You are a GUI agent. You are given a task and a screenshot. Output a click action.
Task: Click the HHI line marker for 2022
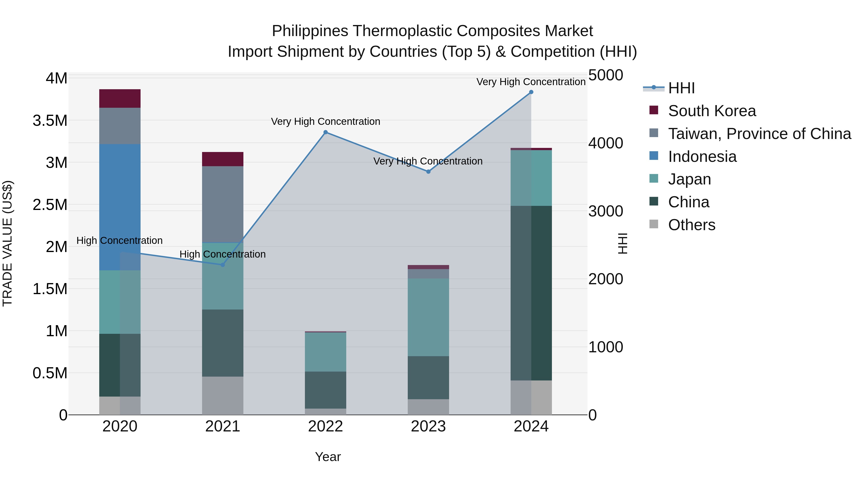click(x=325, y=133)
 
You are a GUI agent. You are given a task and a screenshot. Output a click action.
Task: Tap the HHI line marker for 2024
click(x=531, y=92)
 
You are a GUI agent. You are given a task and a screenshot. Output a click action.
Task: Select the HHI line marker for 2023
click(x=428, y=172)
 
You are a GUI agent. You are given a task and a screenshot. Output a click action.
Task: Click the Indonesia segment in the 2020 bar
click(x=120, y=207)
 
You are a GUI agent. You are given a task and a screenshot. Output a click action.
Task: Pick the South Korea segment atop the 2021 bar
click(x=223, y=159)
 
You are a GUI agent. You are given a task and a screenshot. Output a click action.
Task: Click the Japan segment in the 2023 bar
click(x=428, y=317)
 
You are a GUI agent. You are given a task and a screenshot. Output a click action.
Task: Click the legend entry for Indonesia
click(x=702, y=157)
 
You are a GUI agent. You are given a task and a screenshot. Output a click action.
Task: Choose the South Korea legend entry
click(x=712, y=111)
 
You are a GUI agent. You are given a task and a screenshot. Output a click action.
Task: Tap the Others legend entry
click(x=691, y=225)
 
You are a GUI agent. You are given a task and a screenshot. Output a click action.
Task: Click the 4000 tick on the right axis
click(x=605, y=143)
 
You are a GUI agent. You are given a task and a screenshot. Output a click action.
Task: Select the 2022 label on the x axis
click(x=325, y=426)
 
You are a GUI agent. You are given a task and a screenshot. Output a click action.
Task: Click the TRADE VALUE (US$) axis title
click(x=7, y=243)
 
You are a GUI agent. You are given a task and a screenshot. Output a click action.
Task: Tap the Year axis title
click(x=328, y=457)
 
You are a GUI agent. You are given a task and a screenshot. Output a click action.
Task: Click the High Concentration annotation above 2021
click(x=223, y=254)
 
